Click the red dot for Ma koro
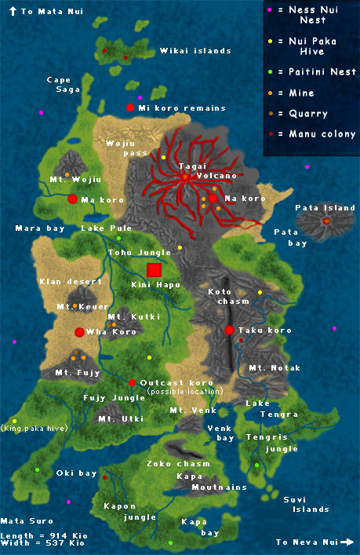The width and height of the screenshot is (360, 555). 72,199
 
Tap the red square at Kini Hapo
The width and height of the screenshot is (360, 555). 154,270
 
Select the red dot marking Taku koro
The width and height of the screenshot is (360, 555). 230,330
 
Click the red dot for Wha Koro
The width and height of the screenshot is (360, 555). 79,332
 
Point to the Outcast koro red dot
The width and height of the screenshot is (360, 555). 132,383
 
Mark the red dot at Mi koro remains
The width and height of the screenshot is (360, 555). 130,108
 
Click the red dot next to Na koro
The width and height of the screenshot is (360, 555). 213,199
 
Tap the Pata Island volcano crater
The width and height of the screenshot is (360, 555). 326,221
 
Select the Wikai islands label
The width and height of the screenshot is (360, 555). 195,51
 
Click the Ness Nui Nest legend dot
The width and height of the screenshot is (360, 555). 270,10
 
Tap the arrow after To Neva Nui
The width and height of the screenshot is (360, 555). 346,542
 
